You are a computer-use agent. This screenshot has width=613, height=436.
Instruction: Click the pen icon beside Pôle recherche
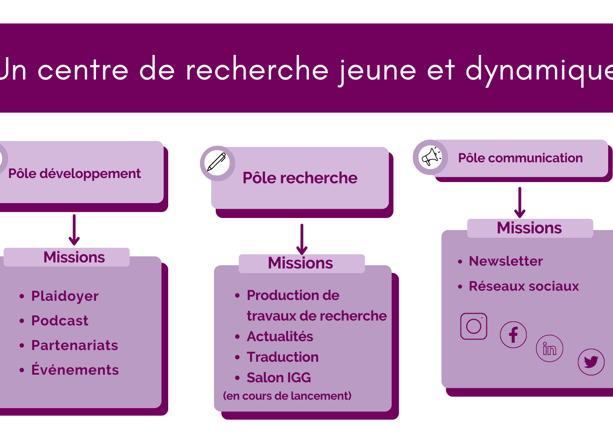point(217,162)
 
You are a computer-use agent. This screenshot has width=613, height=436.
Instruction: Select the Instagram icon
point(474,326)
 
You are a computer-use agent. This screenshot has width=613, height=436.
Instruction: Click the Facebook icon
point(513,335)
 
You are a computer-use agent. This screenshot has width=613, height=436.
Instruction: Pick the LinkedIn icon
point(550,348)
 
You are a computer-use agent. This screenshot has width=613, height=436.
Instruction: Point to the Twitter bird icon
point(591,362)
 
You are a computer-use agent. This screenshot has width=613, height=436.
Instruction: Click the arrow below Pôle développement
point(74,230)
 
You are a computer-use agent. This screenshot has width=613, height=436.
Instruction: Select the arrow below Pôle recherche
point(302,239)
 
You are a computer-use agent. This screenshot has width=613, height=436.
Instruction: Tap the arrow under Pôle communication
point(520,202)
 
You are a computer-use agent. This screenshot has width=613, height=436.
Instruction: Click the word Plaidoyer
point(65,296)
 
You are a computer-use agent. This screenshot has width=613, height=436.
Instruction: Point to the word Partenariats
point(75,345)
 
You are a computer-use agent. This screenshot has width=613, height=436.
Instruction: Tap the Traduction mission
point(283,357)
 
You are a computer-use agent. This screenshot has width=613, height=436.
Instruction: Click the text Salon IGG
point(279,377)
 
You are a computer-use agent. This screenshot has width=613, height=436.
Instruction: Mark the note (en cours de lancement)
point(287,396)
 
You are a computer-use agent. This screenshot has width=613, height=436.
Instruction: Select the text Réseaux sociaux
point(524,286)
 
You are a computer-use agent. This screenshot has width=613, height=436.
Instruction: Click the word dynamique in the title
point(539,71)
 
